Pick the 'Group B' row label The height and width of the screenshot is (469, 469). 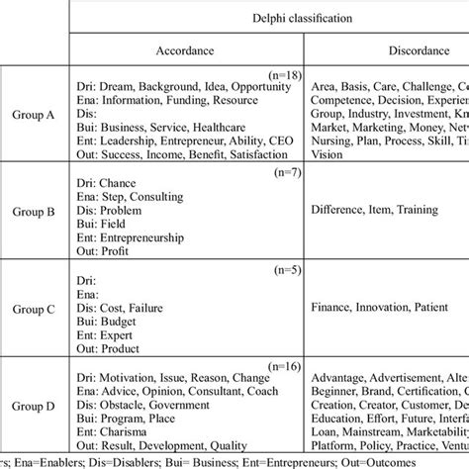[35, 211]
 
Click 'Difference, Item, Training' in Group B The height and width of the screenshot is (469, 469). [367, 210]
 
